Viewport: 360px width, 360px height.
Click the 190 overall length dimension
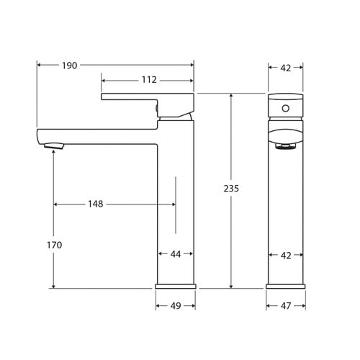pos(69,66)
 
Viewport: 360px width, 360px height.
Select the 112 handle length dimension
pos(148,80)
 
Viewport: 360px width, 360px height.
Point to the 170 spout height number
pos(54,245)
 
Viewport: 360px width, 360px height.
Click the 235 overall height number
pos(230,189)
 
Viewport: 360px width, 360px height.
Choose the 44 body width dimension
pos(175,254)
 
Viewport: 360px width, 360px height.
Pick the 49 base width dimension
pos(175,305)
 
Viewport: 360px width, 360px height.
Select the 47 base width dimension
pos(285,305)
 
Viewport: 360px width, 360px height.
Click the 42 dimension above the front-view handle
pos(285,68)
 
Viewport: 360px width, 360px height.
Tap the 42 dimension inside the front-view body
pos(285,254)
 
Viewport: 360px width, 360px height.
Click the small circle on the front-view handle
pos(285,109)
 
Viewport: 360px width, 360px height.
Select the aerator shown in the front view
pos(285,146)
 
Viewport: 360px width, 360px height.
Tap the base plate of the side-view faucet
pos(175,286)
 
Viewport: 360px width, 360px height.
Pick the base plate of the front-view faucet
pos(285,286)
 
